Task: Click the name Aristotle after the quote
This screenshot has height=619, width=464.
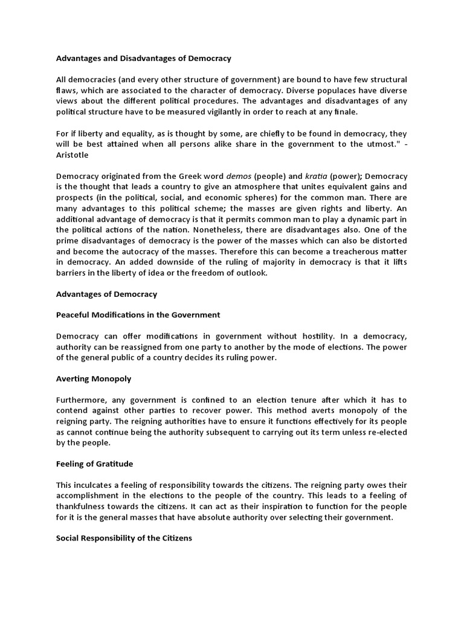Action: click(72, 155)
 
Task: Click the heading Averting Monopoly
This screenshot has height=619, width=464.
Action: click(94, 378)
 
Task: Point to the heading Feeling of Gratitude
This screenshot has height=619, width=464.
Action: click(95, 464)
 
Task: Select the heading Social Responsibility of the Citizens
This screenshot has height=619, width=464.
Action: click(124, 537)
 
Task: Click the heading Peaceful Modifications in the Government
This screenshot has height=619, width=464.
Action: click(138, 315)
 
